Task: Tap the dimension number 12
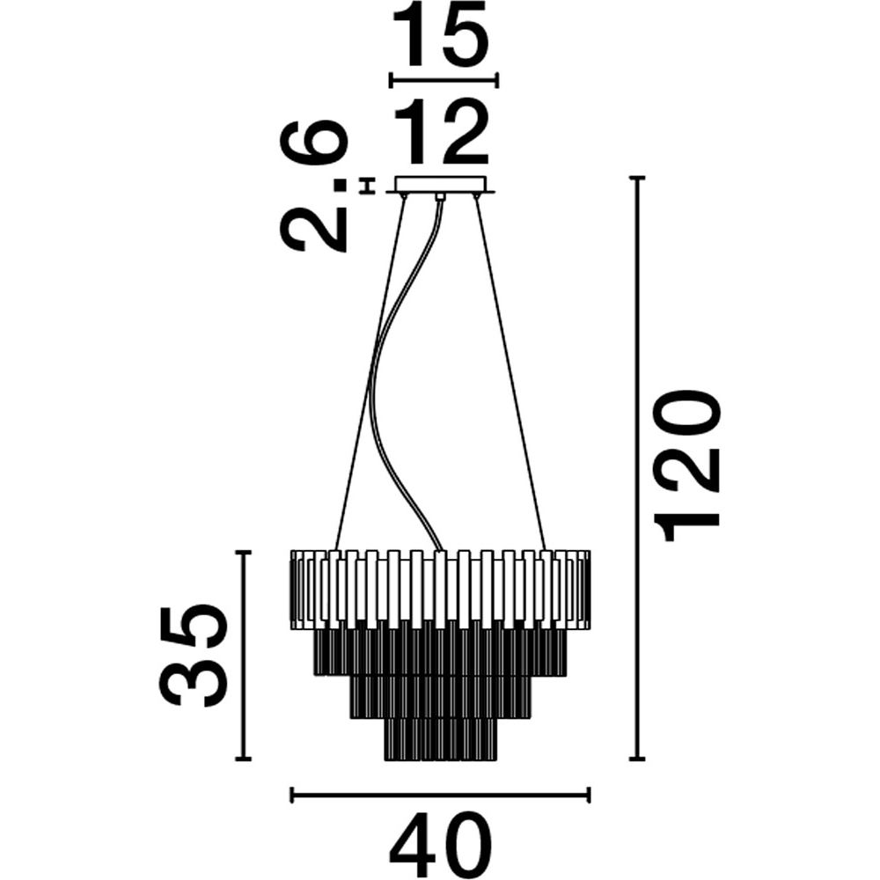pyautogui.click(x=440, y=133)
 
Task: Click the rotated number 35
pyautogui.click(x=194, y=656)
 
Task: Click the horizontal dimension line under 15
pyautogui.click(x=444, y=80)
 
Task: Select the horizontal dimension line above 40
pyautogui.click(x=440, y=795)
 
